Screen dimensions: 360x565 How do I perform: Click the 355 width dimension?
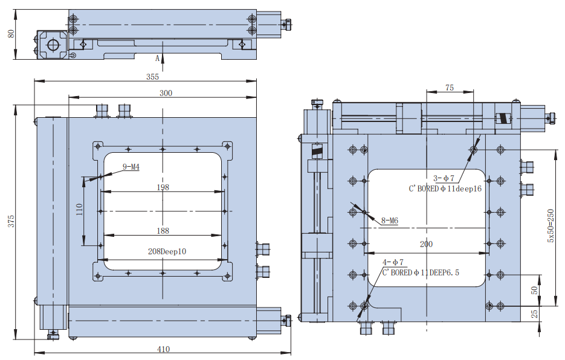pyautogui.click(x=152, y=77)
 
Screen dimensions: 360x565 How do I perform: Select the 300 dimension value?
pyautogui.click(x=166, y=93)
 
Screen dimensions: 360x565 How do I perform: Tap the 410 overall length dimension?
pyautogui.click(x=163, y=349)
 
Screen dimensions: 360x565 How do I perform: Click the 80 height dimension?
pyautogui.click(x=10, y=34)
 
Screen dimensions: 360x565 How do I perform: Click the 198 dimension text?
pyautogui.click(x=163, y=187)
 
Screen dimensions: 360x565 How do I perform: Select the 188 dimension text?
pyautogui.click(x=163, y=231)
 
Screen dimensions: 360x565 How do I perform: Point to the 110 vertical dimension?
pyautogui.click(x=79, y=210)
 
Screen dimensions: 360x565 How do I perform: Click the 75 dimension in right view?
pyautogui.click(x=450, y=88)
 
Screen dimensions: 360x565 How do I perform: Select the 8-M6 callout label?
pyautogui.click(x=390, y=220)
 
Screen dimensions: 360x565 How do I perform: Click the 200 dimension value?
pyautogui.click(x=426, y=244)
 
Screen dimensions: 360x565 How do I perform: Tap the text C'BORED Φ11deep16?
pyautogui.click(x=445, y=188)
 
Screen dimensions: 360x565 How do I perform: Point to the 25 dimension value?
pyautogui.click(x=534, y=314)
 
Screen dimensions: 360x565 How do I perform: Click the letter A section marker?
pyautogui.click(x=157, y=58)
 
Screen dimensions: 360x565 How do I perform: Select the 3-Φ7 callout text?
pyautogui.click(x=444, y=178)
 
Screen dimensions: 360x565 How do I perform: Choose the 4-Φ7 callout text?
pyautogui.click(x=393, y=262)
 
